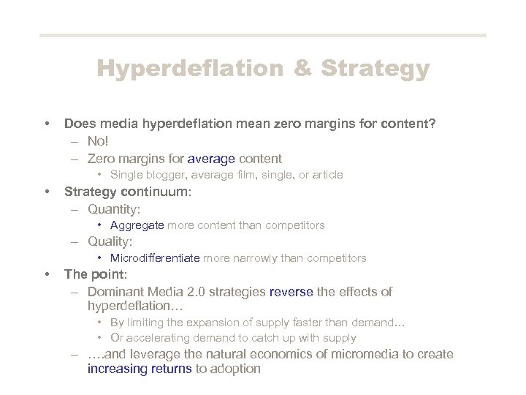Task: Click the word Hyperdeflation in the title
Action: (x=188, y=69)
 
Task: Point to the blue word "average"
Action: (x=212, y=158)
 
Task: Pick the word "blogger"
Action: (x=161, y=175)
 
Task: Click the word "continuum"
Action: (x=155, y=192)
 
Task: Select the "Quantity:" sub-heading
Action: (x=114, y=209)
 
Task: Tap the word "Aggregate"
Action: (x=137, y=225)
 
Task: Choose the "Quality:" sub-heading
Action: (x=110, y=241)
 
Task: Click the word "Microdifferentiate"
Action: (x=155, y=258)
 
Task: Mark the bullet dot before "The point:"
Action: (x=47, y=274)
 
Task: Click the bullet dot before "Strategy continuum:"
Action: (x=47, y=192)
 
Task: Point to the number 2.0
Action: (x=197, y=292)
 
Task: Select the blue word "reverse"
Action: (x=291, y=292)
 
